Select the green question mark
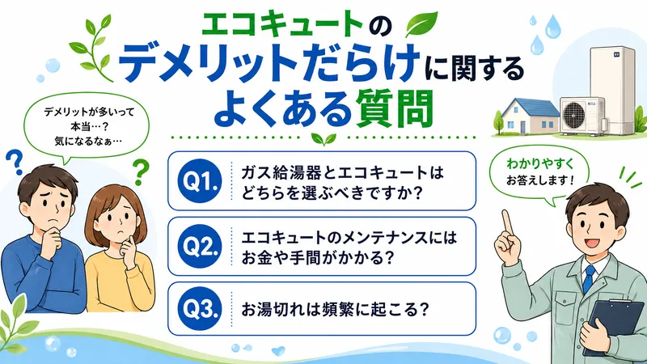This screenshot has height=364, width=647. (x=141, y=171)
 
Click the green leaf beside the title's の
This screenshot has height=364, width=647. (x=424, y=23)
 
